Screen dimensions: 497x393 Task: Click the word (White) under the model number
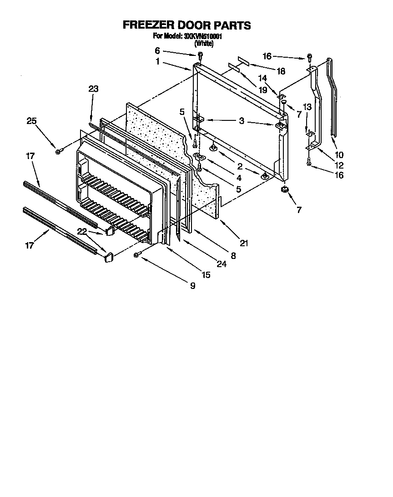204,44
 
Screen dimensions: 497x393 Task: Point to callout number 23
93,89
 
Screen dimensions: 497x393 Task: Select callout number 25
31,121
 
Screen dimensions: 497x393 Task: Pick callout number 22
82,231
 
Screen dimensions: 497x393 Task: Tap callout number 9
192,286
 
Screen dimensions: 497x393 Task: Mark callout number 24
222,263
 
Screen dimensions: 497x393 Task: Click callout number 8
233,255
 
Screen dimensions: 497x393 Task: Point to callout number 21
244,244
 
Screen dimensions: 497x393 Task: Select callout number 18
281,71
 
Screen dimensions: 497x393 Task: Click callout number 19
263,90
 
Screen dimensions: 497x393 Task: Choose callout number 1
157,62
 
